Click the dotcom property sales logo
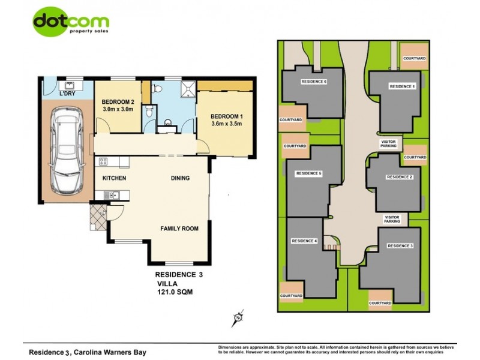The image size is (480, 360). click(71, 23)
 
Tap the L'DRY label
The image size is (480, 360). click(67, 94)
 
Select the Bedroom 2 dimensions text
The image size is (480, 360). click(117, 110)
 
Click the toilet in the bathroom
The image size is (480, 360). click(157, 89)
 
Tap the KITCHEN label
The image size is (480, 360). click(113, 178)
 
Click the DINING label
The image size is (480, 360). click(180, 178)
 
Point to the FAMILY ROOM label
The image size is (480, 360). click(179, 229)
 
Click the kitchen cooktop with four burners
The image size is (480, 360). click(103, 161)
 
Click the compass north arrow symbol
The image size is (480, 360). click(238, 316)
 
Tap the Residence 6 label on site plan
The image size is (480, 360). click(314, 82)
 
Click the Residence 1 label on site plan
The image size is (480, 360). click(402, 87)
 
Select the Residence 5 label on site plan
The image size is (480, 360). click(309, 173)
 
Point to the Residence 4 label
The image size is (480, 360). click(304, 241)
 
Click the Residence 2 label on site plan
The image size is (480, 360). click(399, 177)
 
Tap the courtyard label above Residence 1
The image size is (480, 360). click(415, 58)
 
